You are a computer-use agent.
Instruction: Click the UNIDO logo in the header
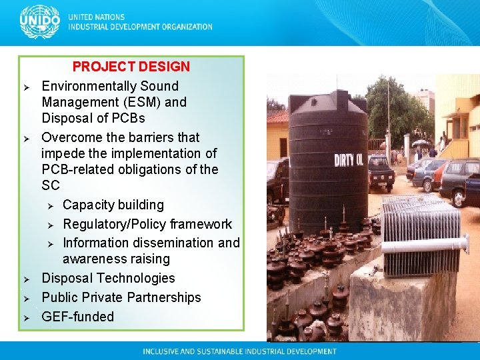[40, 22]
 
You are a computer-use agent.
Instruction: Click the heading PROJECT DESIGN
[131, 67]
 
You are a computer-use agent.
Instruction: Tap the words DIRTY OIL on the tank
[353, 159]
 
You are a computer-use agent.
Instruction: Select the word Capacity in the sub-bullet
[90, 205]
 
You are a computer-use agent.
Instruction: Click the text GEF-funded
[77, 317]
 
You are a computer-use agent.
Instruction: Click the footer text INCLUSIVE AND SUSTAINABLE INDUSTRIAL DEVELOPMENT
[239, 351]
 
